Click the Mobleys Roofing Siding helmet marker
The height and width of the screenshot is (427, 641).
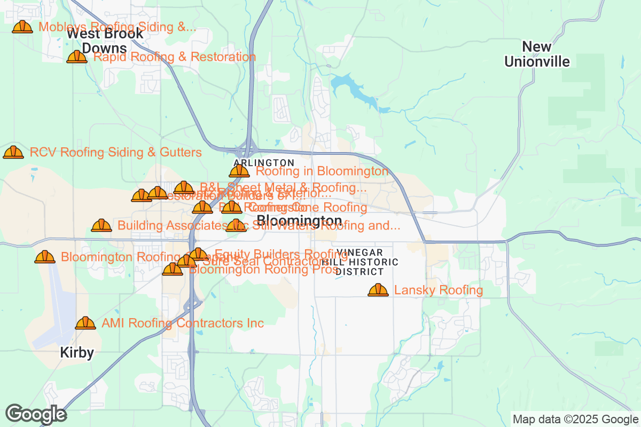pyautogui.click(x=22, y=27)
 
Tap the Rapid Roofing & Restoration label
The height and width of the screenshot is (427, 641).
pyautogui.click(x=174, y=57)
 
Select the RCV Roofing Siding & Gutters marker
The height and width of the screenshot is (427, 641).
pyautogui.click(x=13, y=153)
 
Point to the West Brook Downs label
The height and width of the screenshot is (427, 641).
pyautogui.click(x=105, y=41)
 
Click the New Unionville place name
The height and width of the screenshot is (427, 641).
pyautogui.click(x=537, y=54)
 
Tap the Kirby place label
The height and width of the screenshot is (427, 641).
pyautogui.click(x=77, y=353)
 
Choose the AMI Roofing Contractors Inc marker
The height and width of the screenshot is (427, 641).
pyautogui.click(x=85, y=323)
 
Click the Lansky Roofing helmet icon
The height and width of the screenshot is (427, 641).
pyautogui.click(x=378, y=290)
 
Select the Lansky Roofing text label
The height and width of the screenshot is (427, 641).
pyautogui.click(x=438, y=290)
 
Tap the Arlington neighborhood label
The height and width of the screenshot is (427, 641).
pyautogui.click(x=264, y=163)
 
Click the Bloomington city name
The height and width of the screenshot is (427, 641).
pyautogui.click(x=299, y=220)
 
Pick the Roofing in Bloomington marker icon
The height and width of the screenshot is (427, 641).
pyautogui.click(x=239, y=171)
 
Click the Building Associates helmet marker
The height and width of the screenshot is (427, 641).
pyautogui.click(x=101, y=226)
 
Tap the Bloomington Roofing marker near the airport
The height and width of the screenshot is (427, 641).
pyautogui.click(x=45, y=257)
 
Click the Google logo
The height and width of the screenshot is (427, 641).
pyautogui.click(x=36, y=414)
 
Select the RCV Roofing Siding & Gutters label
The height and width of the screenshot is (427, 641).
pyautogui.click(x=115, y=153)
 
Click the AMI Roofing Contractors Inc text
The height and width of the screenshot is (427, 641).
pyautogui.click(x=182, y=323)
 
